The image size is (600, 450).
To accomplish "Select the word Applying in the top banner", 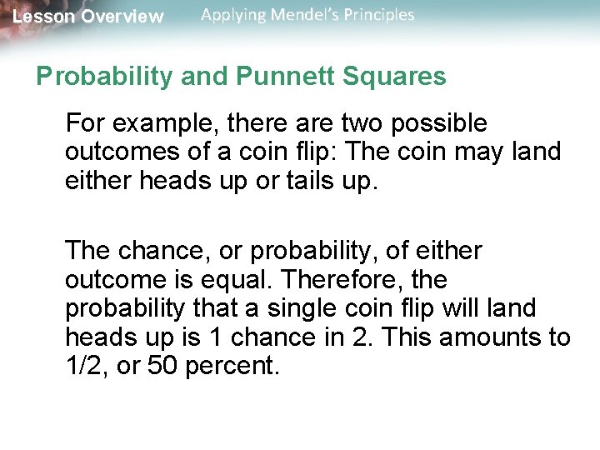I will [233, 15].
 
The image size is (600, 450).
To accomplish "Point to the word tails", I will [272, 180].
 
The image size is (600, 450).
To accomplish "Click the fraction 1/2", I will [84, 366].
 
